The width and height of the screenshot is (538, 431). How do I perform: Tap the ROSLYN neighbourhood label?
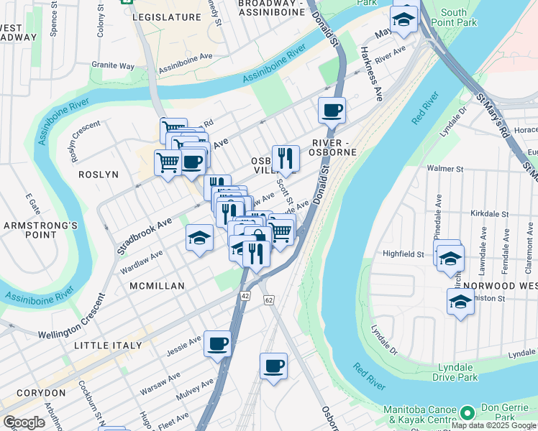pyautogui.click(x=98, y=175)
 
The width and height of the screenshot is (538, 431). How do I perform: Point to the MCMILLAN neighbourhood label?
pyautogui.click(x=157, y=286)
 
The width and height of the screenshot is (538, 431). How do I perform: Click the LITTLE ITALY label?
pyautogui.click(x=109, y=346)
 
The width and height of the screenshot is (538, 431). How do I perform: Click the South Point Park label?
pyautogui.click(x=459, y=18)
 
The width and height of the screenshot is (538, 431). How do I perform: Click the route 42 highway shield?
pyautogui.click(x=246, y=295)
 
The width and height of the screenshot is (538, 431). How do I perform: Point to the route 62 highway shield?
pyautogui.click(x=269, y=299)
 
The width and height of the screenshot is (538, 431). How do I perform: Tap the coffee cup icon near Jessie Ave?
pyautogui.click(x=217, y=343)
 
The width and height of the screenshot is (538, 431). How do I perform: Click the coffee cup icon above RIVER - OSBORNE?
pyautogui.click(x=332, y=111)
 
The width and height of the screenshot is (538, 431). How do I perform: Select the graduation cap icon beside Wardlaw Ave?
pyautogui.click(x=199, y=238)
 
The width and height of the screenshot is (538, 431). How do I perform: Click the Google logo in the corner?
pyautogui.click(x=24, y=422)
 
